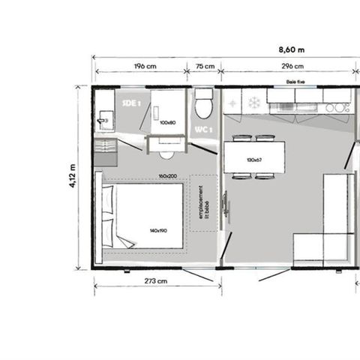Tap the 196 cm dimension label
144,66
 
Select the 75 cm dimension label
204,66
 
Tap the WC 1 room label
203,130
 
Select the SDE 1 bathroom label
131,103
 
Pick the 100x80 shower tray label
167,121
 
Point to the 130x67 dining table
254,158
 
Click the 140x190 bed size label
158,231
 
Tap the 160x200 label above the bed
167,176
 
